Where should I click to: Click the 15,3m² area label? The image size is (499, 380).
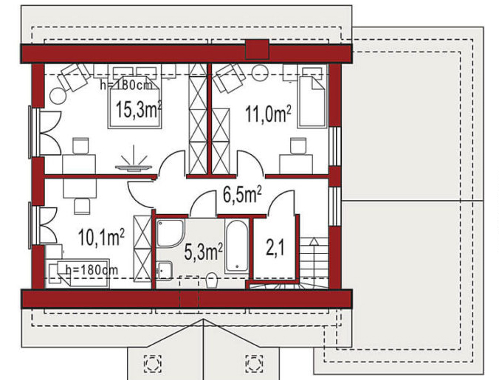139,109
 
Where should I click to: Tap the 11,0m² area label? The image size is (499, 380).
268,114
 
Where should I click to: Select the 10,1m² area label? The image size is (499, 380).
101,237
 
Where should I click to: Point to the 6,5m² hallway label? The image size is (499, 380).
242,195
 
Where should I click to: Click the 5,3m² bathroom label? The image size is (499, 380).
203,252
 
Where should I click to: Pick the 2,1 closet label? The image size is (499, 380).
275,249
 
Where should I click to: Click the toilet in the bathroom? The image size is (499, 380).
211,280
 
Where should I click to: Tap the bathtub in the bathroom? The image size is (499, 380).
236,246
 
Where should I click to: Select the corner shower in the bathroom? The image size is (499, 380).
171,233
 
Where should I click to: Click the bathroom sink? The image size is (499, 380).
164,271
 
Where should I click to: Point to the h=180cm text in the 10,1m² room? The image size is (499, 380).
92,270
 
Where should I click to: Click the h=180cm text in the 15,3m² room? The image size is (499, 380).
126,85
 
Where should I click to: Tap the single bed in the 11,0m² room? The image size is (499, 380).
312,97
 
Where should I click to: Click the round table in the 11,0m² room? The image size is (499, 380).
260,73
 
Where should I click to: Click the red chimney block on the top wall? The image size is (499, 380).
257,49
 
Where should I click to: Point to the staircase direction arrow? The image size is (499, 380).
314,259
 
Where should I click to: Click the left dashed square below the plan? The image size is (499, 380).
153,363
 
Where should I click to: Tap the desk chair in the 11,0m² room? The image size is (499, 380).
298,146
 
